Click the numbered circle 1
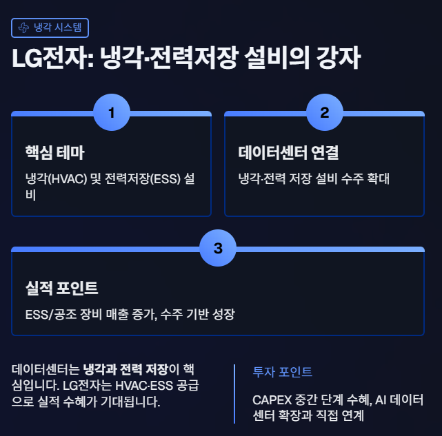(x=111, y=112)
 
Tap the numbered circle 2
(x=324, y=112)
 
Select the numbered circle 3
(x=218, y=249)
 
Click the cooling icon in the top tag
(x=23, y=28)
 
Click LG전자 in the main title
(x=43, y=59)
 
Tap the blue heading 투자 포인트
(x=283, y=372)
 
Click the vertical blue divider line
(x=234, y=394)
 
